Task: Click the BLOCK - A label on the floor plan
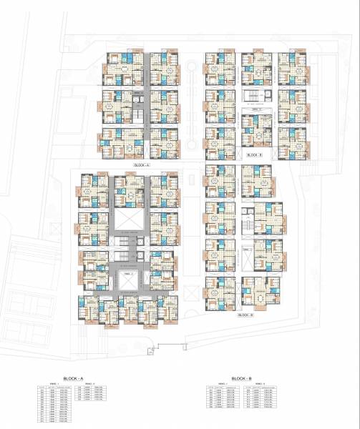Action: tap(145, 165)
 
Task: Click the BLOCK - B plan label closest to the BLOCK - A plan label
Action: tap(254, 154)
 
